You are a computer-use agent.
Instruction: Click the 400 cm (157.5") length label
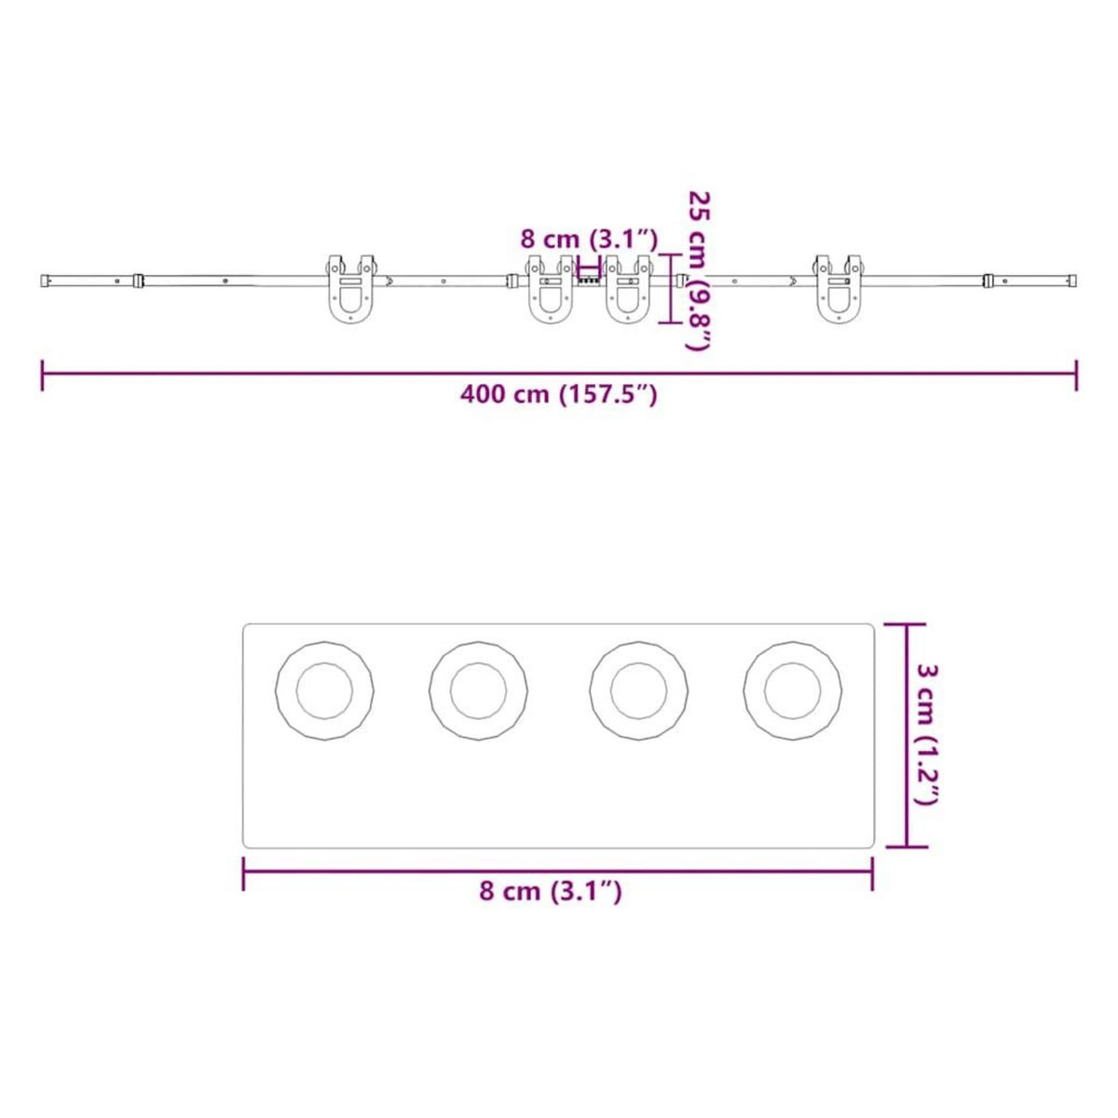click(x=559, y=395)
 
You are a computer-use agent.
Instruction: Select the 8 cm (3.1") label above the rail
click(x=589, y=239)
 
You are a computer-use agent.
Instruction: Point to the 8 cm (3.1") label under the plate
click(x=551, y=892)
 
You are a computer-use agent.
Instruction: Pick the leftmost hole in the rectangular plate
click(x=324, y=691)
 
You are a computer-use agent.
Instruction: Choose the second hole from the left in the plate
click(x=478, y=691)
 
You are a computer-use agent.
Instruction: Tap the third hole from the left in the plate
click(x=639, y=691)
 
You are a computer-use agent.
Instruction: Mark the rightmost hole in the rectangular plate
click(x=792, y=691)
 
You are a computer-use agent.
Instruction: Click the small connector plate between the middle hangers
click(x=589, y=278)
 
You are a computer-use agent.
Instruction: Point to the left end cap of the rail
click(x=46, y=279)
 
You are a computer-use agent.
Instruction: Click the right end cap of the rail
click(x=1072, y=279)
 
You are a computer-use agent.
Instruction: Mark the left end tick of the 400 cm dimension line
click(x=43, y=375)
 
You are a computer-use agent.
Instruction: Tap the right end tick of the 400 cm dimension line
click(x=1076, y=375)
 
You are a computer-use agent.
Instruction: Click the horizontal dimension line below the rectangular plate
click(x=557, y=872)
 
